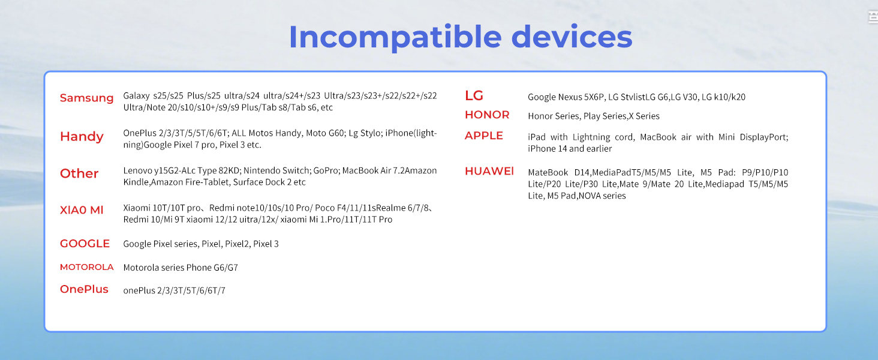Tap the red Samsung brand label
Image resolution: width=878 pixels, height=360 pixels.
[86, 98]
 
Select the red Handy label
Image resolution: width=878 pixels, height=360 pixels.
[82, 137]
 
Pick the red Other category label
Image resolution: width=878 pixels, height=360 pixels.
[79, 173]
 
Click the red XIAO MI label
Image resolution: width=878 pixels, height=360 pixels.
[82, 210]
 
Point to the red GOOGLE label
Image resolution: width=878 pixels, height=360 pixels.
[85, 244]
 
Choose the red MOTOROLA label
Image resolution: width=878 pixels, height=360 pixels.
[86, 267]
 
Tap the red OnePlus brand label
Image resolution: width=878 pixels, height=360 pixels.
[84, 289]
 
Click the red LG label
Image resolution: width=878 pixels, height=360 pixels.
[474, 95]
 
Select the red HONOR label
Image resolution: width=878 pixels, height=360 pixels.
[487, 115]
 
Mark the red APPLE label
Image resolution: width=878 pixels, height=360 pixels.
[484, 136]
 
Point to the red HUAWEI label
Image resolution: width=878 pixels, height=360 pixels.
[489, 171]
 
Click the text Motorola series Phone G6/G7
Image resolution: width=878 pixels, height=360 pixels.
[181, 268]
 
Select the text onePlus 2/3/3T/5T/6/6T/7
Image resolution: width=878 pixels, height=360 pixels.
[174, 290]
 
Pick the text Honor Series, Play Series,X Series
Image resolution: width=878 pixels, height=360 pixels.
[593, 116]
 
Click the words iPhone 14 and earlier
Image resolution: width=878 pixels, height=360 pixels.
[570, 149]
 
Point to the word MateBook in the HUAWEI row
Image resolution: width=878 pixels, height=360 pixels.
[548, 172]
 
